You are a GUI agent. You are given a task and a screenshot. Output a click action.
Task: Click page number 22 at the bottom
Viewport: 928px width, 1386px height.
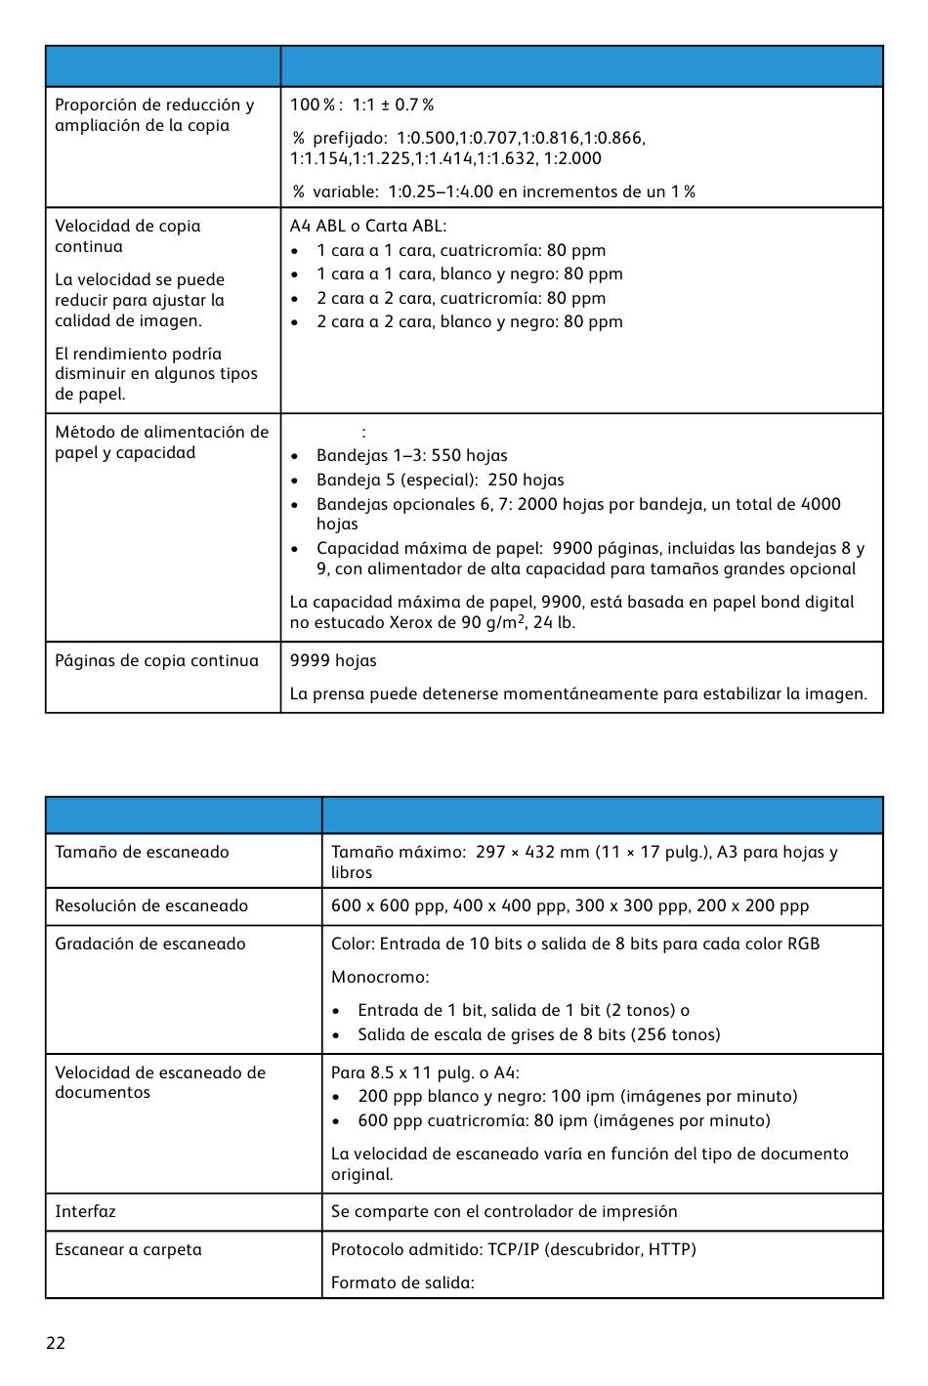coord(56,1343)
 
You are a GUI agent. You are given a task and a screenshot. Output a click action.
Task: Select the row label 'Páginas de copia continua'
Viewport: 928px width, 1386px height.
coord(156,661)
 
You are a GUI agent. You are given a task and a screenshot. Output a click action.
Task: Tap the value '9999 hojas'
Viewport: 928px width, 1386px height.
coord(333,661)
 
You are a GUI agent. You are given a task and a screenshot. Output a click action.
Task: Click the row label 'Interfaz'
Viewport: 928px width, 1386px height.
coord(85,1212)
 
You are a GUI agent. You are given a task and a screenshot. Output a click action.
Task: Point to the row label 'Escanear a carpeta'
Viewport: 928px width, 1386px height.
coord(128,1250)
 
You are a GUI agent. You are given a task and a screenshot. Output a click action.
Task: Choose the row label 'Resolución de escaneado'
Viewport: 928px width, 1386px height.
coord(151,906)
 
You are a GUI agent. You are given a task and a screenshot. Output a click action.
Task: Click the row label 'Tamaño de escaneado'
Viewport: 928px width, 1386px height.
coord(142,853)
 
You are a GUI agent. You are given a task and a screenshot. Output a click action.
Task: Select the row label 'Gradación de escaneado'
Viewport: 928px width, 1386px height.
coord(150,945)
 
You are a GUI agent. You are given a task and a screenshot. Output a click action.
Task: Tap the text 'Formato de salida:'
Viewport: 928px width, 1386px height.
coord(402,1283)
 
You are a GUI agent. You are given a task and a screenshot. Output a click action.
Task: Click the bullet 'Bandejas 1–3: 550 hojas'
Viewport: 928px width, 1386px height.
coord(411,456)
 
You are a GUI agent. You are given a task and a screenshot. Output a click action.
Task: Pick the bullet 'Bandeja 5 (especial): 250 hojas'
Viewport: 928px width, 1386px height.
coord(440,481)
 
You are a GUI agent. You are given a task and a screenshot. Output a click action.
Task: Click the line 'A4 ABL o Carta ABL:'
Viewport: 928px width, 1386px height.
coord(368,227)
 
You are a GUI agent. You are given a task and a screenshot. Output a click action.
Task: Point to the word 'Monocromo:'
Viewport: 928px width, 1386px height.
coord(380,978)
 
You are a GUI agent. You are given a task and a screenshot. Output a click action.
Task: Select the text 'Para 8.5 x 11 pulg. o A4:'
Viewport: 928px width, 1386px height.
coord(425,1073)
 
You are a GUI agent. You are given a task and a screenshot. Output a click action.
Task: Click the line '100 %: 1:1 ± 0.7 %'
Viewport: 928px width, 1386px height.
coord(361,105)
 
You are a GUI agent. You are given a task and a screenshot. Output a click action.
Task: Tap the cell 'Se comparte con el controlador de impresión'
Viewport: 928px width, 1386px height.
coord(504,1212)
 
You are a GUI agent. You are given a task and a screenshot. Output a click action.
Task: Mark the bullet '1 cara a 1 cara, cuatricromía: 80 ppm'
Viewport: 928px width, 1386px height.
coord(460,251)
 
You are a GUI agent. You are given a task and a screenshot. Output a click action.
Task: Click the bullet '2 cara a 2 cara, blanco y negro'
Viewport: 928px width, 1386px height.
coord(469,322)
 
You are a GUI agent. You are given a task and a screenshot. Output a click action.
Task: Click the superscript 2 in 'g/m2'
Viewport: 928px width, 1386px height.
coord(521,618)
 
